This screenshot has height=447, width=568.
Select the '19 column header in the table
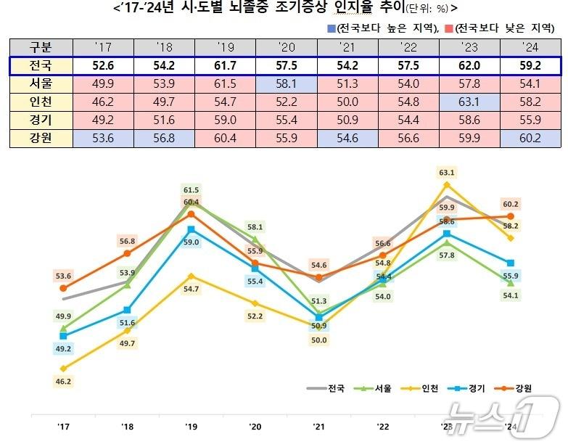[226, 47]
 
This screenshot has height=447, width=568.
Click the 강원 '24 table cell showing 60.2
[533, 137]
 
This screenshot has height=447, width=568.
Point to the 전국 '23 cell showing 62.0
[473, 66]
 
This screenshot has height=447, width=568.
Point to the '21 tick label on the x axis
[317, 425]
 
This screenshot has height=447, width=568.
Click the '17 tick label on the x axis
[63, 425]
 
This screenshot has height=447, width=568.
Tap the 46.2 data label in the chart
[64, 381]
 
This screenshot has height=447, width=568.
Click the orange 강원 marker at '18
[127, 253]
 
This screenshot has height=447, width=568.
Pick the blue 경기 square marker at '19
[191, 229]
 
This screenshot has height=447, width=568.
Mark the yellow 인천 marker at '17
[64, 368]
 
